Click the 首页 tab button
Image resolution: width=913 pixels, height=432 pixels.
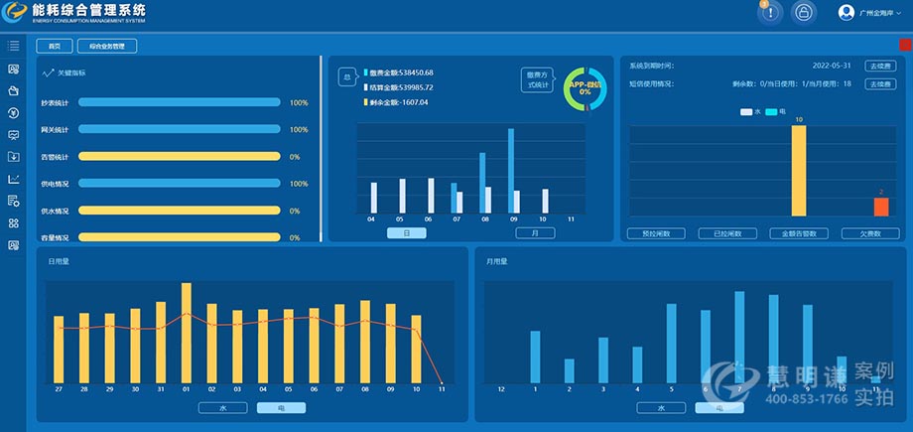(x=55, y=46)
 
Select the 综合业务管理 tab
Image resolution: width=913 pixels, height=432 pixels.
(x=106, y=46)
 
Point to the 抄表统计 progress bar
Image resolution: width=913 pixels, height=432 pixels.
(x=179, y=102)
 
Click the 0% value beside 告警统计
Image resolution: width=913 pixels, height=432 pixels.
(x=295, y=157)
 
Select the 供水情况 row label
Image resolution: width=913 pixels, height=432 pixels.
(x=55, y=211)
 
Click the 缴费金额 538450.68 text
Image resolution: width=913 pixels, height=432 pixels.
(x=401, y=72)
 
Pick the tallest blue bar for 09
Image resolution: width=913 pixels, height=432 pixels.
(x=512, y=171)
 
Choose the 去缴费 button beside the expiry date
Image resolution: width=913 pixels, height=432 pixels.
(x=879, y=66)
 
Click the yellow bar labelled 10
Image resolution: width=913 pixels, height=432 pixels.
(x=798, y=171)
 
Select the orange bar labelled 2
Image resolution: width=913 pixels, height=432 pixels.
(x=880, y=207)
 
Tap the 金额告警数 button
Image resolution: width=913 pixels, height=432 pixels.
(x=798, y=234)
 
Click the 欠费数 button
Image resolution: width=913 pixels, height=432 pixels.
(x=870, y=234)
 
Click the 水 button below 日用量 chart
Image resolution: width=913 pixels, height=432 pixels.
(x=222, y=407)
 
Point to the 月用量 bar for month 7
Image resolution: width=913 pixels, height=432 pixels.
(x=739, y=337)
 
